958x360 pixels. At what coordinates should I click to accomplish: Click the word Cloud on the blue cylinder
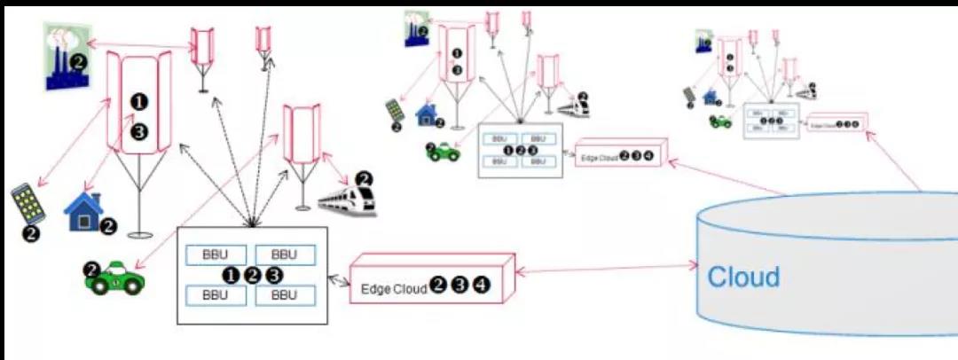[743, 277]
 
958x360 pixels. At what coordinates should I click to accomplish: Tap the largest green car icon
[118, 279]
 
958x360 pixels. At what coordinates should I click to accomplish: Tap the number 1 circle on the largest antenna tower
[138, 101]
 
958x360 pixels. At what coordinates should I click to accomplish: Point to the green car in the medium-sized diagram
[444, 153]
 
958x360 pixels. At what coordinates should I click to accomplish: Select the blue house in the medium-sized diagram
[428, 113]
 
